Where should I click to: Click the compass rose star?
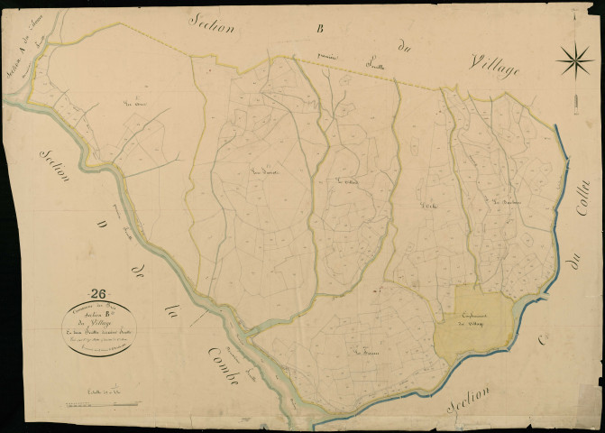(x=574, y=61)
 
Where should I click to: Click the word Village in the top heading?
(x=494, y=66)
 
